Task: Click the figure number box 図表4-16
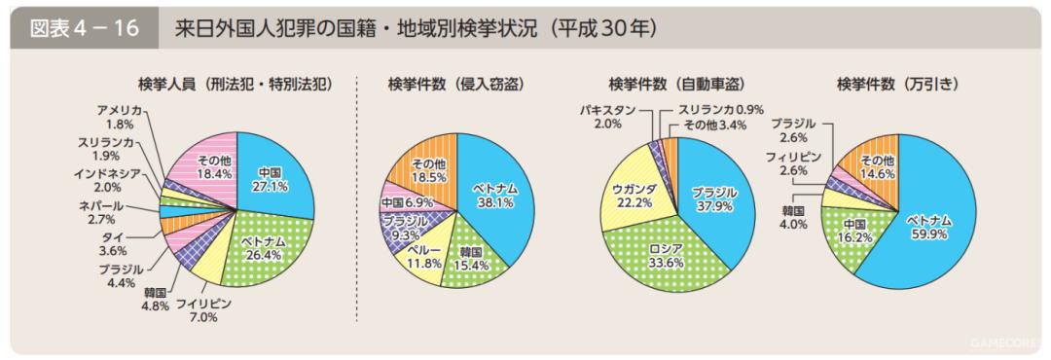(86, 27)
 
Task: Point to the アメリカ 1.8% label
(120, 117)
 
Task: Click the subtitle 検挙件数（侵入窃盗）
(455, 85)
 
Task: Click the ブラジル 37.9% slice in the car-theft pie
(714, 198)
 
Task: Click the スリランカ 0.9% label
(721, 110)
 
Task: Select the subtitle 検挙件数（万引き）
(898, 85)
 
